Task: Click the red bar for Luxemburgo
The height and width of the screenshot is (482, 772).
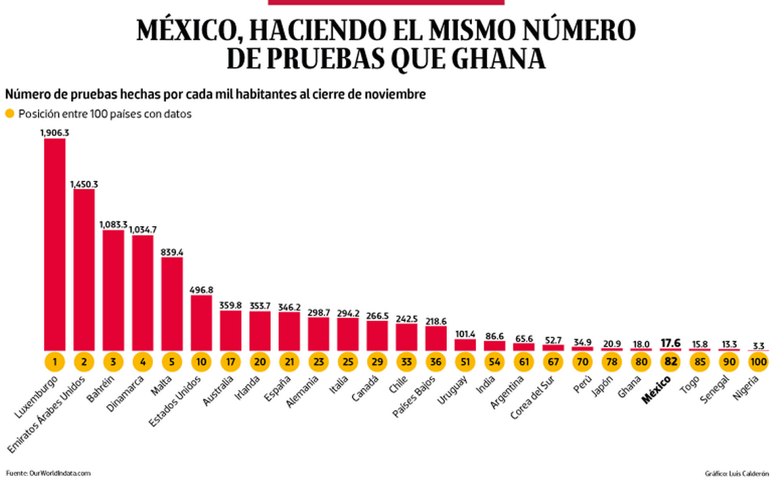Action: [55, 244]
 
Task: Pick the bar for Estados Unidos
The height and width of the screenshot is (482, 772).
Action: [201, 322]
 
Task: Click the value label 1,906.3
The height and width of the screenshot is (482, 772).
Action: [55, 133]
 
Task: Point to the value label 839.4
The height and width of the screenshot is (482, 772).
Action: [172, 252]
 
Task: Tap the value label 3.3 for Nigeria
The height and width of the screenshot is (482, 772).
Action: [758, 345]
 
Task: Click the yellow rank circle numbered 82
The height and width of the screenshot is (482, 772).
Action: [671, 361]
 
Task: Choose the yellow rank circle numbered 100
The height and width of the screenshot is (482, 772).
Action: [758, 361]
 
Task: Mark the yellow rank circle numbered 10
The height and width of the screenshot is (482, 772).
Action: [201, 361]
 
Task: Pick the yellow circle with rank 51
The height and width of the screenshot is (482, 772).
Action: [465, 361]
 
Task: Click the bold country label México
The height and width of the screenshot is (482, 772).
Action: [657, 391]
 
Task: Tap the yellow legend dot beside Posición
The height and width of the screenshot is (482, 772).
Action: [9, 114]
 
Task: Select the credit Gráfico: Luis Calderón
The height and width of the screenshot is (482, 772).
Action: [737, 473]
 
